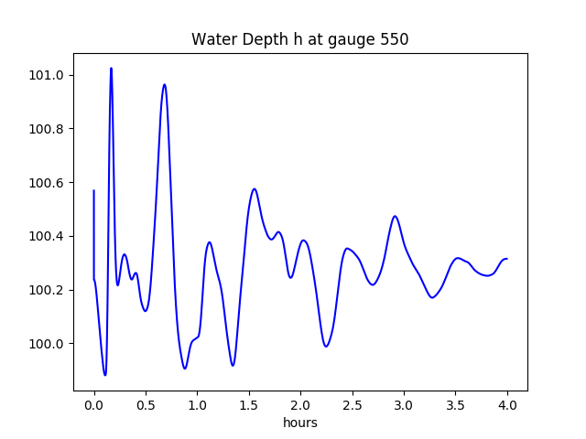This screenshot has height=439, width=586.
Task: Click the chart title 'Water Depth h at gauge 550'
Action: point(299,40)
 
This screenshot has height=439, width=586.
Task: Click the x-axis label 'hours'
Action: point(300,423)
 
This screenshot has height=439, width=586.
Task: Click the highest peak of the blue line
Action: point(111,69)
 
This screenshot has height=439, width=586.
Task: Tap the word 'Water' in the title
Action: point(210,40)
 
